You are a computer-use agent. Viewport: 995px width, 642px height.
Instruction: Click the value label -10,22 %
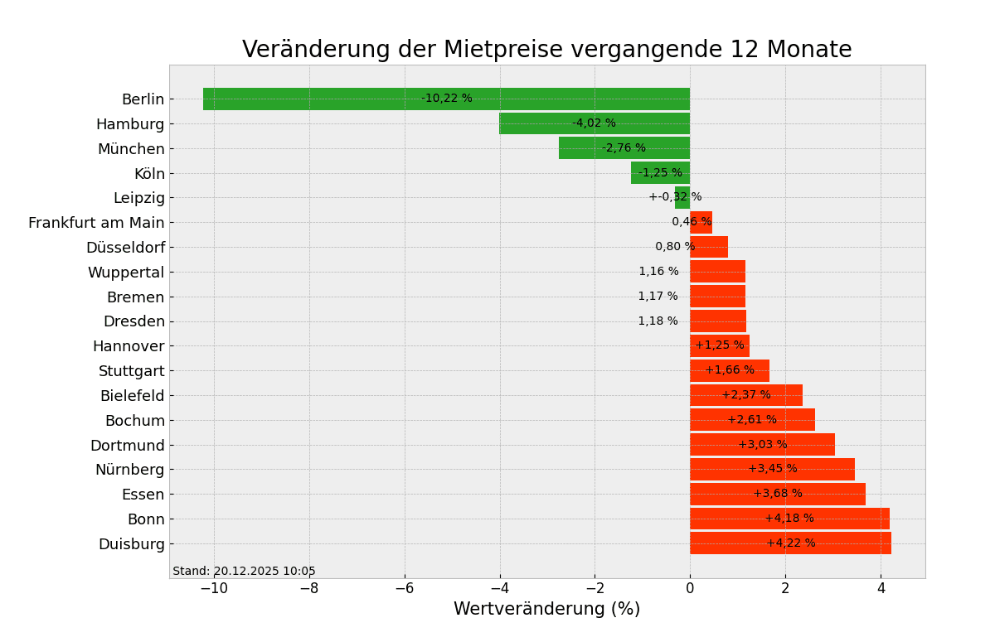(446, 99)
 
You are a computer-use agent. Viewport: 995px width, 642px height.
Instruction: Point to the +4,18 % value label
(789, 519)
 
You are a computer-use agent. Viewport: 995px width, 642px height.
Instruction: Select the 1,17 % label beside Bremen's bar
(658, 297)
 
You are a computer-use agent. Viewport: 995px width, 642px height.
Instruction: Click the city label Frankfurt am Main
(96, 223)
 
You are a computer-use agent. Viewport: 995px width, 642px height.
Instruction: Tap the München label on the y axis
(131, 149)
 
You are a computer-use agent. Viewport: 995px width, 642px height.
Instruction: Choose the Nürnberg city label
(129, 470)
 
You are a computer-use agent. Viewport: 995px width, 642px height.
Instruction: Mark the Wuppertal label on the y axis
(126, 273)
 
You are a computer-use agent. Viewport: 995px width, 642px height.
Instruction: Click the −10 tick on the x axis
(213, 589)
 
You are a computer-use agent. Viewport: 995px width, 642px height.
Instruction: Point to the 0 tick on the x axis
(690, 589)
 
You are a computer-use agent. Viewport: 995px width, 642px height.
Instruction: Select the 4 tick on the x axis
(881, 589)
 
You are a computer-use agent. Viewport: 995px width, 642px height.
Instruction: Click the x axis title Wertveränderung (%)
(546, 610)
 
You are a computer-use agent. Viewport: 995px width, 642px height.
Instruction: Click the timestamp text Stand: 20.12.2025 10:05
(244, 572)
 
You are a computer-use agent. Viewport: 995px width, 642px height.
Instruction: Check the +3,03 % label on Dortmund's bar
(762, 445)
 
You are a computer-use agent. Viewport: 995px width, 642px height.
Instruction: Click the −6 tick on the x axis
(404, 589)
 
